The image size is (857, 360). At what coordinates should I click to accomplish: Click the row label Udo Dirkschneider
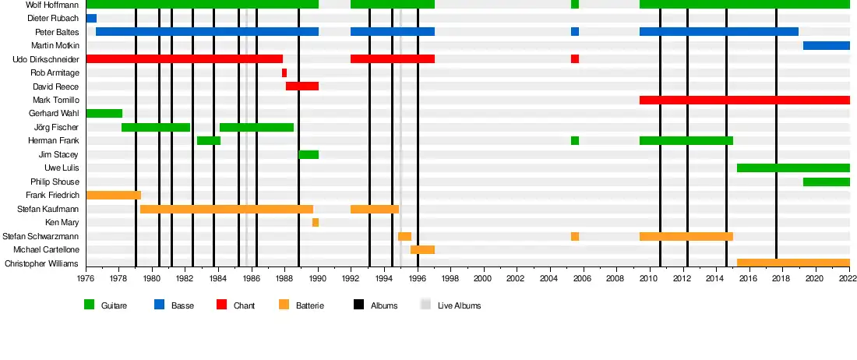click(x=46, y=59)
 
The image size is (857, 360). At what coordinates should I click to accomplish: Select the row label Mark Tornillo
click(x=55, y=101)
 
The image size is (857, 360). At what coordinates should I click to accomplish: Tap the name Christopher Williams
click(x=42, y=263)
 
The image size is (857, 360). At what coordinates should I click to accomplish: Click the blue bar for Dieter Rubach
click(x=91, y=18)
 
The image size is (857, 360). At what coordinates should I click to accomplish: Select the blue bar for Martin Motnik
click(x=826, y=45)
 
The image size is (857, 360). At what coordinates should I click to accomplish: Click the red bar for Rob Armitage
click(x=284, y=72)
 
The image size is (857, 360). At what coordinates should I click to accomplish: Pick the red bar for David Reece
click(x=302, y=86)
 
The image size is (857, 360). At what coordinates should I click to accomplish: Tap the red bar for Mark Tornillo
click(x=744, y=100)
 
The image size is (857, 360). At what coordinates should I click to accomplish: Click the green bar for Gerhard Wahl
click(x=104, y=113)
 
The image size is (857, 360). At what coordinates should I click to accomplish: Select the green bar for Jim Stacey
click(x=309, y=154)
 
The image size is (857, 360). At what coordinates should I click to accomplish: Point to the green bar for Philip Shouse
click(x=826, y=182)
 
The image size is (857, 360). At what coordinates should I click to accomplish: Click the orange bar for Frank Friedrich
click(x=113, y=195)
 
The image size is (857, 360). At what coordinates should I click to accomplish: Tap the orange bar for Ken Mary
click(x=316, y=222)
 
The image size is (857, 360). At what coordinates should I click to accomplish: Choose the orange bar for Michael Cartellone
click(x=422, y=249)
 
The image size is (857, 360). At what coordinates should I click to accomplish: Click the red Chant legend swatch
click(x=221, y=305)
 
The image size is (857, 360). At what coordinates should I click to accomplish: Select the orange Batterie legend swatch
click(x=284, y=305)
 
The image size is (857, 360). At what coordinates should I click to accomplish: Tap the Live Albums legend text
click(x=459, y=306)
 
